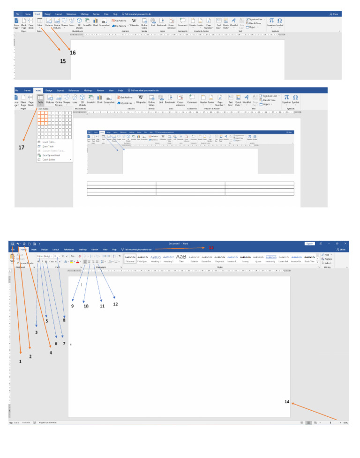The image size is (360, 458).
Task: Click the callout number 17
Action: click(21, 148)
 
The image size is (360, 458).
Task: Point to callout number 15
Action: click(63, 61)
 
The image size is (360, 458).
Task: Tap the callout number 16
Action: click(73, 53)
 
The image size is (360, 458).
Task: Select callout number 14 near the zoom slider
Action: click(287, 402)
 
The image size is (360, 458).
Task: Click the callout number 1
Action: click(20, 362)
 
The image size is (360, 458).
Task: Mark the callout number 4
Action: click(51, 352)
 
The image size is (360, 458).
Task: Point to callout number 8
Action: click(64, 320)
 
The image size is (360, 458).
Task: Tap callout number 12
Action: click(115, 304)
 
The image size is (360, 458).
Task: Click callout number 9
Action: click(73, 306)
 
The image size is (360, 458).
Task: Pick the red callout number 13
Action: click(211, 247)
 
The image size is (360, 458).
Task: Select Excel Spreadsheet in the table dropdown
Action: click(52, 155)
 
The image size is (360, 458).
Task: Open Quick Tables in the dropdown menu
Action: click(50, 160)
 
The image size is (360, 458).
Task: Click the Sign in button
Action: click(309, 244)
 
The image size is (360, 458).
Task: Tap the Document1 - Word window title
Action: click(178, 244)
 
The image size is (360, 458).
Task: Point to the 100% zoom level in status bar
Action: click(345, 423)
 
